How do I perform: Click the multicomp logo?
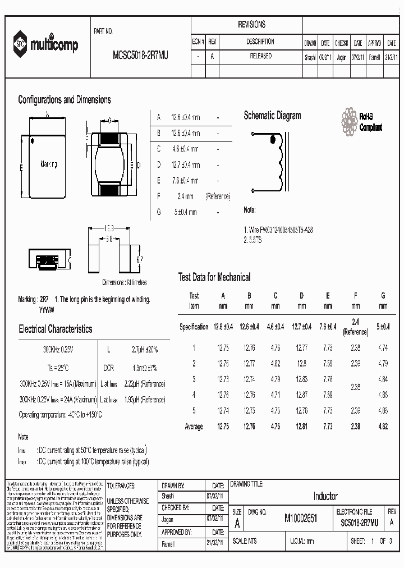click(47, 45)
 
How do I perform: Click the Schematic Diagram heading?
click(272, 116)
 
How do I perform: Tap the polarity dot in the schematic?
click(273, 140)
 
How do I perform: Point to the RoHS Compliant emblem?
click(361, 121)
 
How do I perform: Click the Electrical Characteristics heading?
click(56, 329)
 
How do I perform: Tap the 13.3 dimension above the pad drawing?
click(109, 228)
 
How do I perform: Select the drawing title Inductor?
click(325, 496)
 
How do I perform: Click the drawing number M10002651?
click(301, 520)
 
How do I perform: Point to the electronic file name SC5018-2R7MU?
click(360, 523)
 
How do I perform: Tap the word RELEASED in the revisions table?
click(260, 56)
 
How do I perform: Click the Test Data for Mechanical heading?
click(214, 277)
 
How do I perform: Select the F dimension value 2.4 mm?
click(186, 196)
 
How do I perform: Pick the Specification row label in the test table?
click(194, 327)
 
